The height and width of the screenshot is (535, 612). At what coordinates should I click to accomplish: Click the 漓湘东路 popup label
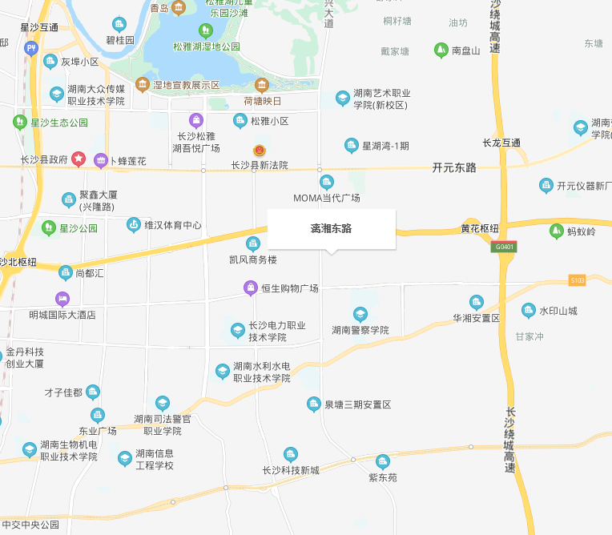coord(332,229)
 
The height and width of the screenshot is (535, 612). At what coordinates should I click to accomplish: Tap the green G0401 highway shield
coord(504,247)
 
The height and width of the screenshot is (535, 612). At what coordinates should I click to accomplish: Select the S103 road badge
coord(577,280)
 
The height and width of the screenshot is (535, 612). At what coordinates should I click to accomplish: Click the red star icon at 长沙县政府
coord(79,159)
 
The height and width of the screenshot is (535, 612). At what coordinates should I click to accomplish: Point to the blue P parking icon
coord(31,48)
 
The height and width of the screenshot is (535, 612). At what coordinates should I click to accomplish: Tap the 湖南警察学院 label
coord(360,330)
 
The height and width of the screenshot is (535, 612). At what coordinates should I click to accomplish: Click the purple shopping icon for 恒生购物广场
coord(251,288)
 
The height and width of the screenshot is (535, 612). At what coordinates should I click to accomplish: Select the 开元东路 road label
coord(454,168)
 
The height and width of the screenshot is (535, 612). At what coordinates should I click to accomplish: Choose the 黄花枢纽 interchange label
coord(481,228)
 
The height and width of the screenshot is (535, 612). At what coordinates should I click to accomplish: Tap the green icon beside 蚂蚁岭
coord(556,231)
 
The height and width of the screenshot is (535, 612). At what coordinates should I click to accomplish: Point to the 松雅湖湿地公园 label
coord(207,46)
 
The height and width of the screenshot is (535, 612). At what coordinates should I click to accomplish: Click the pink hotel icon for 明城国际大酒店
coord(62,299)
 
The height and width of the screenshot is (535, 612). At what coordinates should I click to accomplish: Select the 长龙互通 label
coord(501,143)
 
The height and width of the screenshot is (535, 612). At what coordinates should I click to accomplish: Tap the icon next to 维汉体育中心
coord(133,225)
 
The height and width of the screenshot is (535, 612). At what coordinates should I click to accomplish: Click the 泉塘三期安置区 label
coord(357,405)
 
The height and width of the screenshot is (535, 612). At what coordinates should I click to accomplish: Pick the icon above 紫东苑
coord(383,461)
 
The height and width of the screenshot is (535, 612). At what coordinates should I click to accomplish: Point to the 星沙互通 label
coord(39,27)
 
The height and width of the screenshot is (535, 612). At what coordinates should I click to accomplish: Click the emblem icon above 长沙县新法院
coord(259,151)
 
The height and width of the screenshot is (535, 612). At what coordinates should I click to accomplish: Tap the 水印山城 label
coord(558,311)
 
